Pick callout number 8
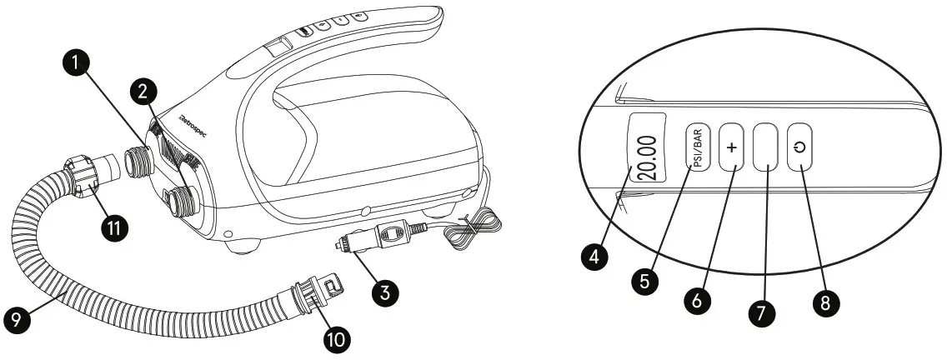(824, 302)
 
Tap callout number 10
(338, 337)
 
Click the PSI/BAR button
(698, 148)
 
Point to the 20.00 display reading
(647, 147)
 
